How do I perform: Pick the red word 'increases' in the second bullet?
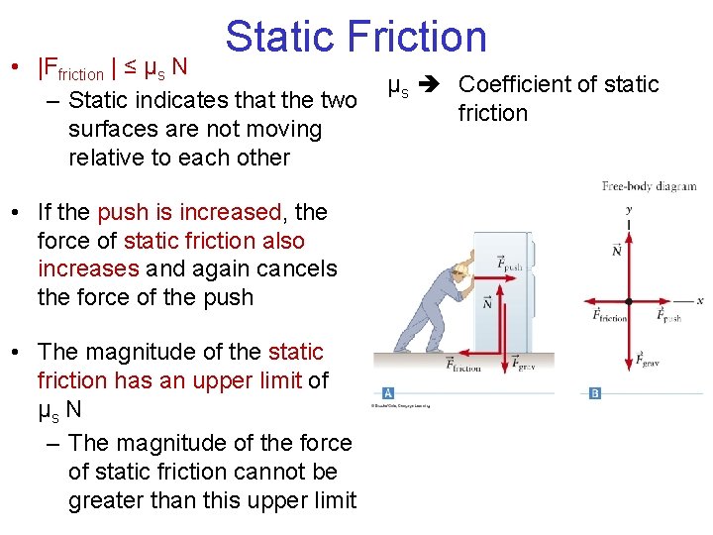pos(88,268)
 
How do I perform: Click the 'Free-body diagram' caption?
pos(649,185)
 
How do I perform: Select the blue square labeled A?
pos(388,392)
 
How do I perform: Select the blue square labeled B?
pos(595,392)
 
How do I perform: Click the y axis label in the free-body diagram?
pos(629,210)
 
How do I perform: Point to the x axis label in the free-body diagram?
pos(699,300)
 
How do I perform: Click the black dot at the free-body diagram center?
pos(629,300)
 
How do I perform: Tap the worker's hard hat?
pos(458,269)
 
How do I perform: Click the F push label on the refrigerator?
pos(511,264)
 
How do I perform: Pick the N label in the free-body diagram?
pos(617,250)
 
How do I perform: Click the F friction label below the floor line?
pos(463,365)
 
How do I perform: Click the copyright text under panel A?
pos(401,405)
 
